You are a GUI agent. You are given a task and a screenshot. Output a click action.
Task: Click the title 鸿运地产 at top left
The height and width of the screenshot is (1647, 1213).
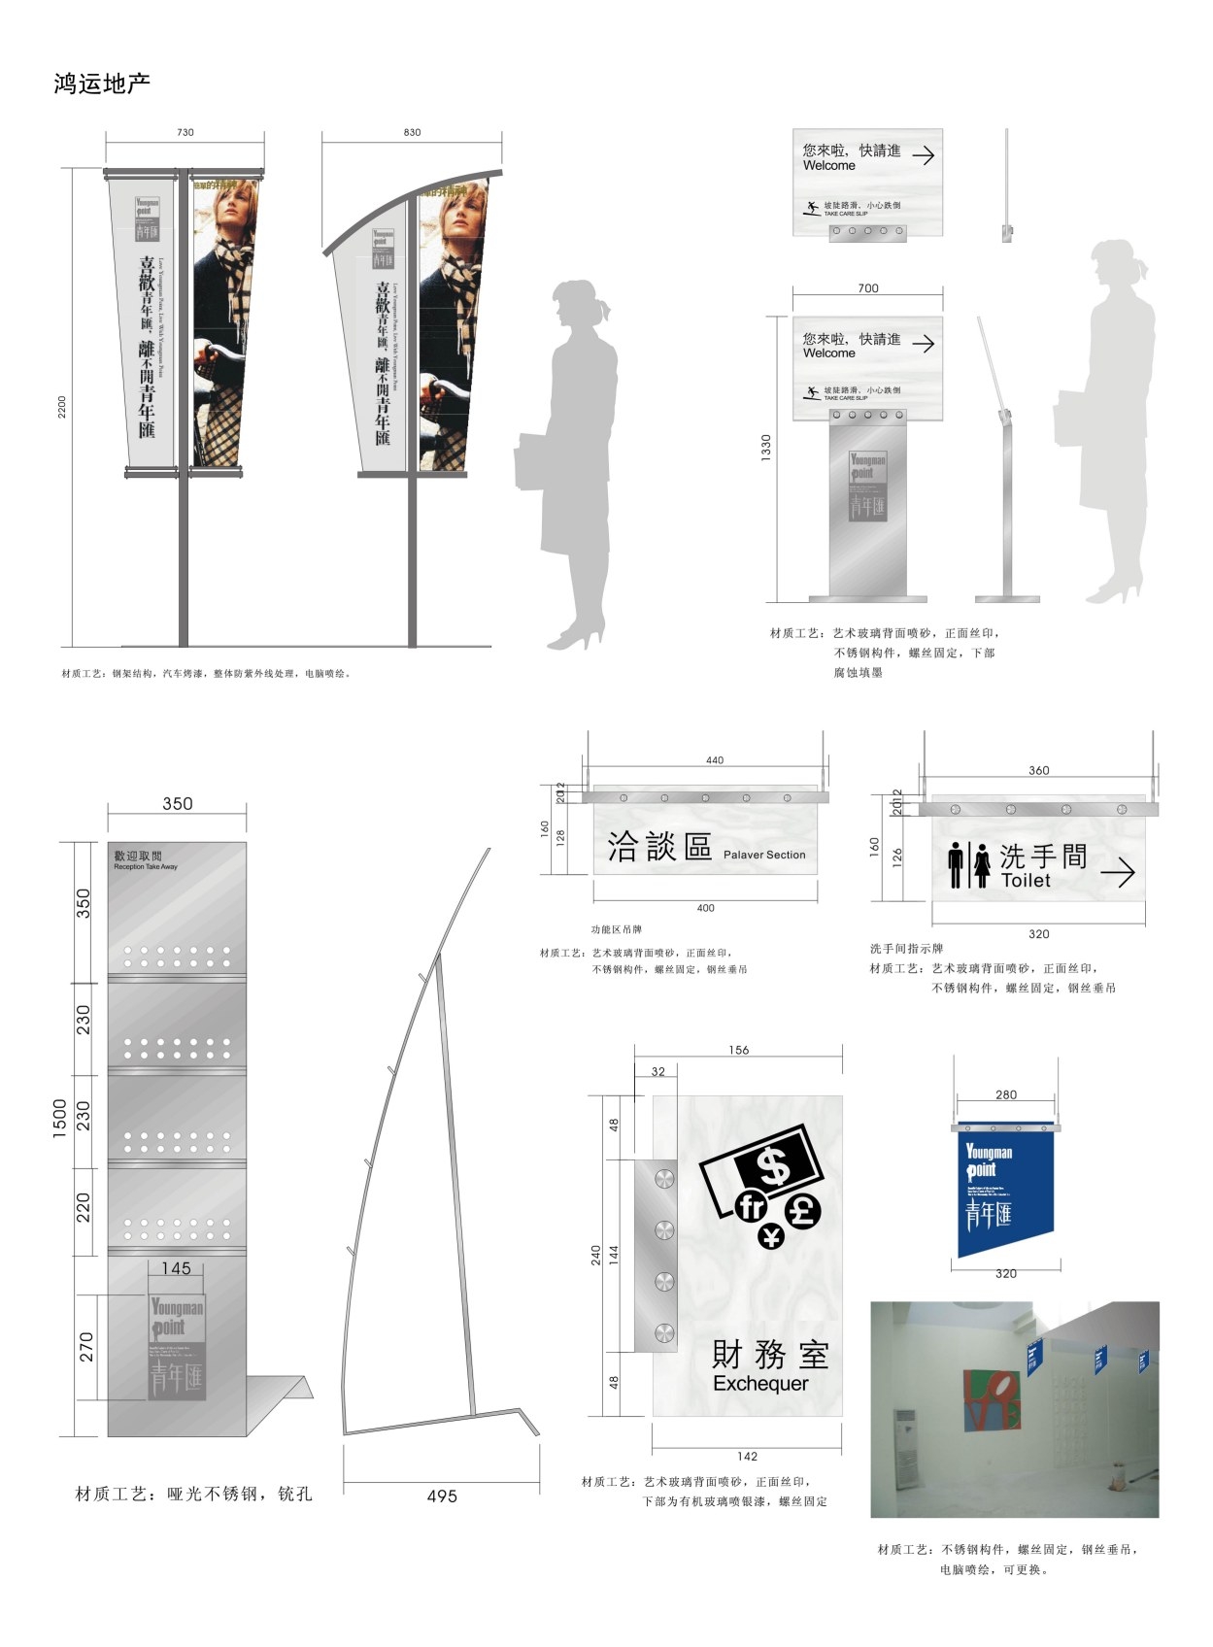coord(102,84)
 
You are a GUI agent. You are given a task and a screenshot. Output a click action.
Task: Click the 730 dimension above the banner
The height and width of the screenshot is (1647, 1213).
coord(185,132)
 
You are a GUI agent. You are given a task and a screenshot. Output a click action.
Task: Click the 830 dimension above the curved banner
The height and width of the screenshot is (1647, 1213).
coord(412,132)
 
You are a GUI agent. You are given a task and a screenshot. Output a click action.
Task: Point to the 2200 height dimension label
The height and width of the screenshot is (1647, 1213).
coord(62,406)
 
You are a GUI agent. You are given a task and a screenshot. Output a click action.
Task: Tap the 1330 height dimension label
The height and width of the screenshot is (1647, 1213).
coord(766,447)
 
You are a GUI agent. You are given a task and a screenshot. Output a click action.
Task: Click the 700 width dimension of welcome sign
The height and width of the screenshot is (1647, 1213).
coord(867,288)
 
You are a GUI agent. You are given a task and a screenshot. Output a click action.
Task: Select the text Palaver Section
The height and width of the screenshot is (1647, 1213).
coord(764,855)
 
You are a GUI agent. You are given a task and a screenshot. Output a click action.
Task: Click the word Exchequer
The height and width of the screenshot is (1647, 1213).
coord(760,1383)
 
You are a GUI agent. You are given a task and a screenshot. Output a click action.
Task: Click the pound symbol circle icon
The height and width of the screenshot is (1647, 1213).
coord(803,1210)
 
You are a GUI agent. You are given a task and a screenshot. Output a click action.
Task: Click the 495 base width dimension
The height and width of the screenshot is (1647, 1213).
coord(442,1496)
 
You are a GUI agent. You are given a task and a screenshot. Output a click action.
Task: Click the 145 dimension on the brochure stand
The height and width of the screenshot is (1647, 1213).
coord(176,1267)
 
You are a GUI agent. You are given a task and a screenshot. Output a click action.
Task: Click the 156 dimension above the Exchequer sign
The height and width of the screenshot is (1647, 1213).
coord(738,1050)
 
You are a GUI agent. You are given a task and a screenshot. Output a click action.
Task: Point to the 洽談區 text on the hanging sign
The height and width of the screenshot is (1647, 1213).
coord(659,847)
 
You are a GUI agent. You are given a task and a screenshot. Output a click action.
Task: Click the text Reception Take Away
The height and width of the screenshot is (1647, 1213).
coord(146,866)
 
